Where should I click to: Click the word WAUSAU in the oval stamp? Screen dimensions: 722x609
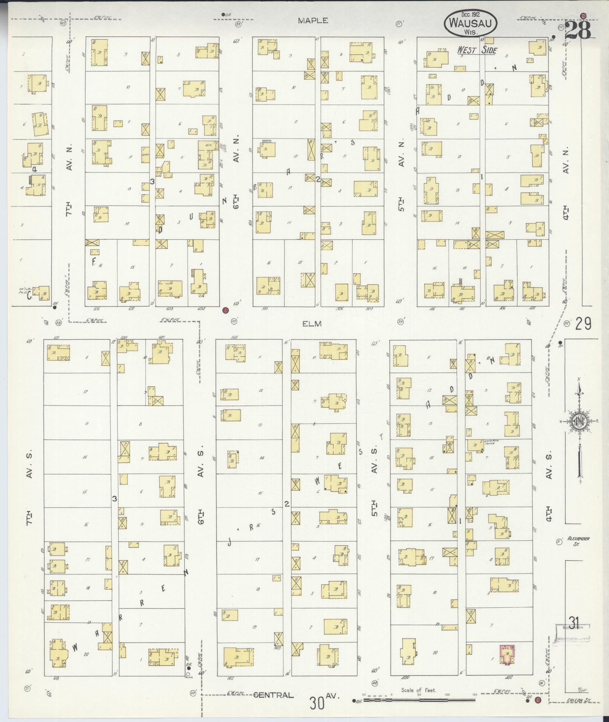(472, 23)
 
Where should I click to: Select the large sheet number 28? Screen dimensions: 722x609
(578, 30)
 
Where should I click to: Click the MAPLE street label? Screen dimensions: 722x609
(313, 21)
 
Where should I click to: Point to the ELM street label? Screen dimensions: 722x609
(312, 323)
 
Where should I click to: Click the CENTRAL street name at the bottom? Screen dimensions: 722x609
(273, 695)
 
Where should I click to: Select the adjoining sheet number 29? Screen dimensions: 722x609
(583, 324)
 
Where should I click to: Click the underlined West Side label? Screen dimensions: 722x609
(477, 50)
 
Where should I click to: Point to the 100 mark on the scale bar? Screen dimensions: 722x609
(447, 695)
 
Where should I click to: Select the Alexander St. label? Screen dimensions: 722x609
(578, 541)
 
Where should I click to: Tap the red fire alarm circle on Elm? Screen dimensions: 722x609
(225, 310)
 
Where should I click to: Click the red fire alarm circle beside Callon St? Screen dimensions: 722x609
(538, 700)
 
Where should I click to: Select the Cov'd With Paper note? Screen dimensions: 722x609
(489, 442)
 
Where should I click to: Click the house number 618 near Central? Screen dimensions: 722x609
(57, 678)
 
